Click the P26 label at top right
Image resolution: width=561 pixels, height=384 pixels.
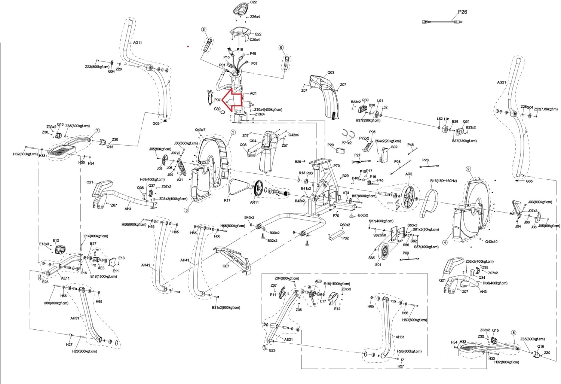462,12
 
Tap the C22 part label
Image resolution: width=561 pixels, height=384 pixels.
253,2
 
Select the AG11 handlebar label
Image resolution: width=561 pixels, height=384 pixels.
137,43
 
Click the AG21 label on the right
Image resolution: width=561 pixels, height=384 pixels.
501,82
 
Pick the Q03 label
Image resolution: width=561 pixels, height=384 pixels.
331,73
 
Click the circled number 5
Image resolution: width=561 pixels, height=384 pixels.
203,30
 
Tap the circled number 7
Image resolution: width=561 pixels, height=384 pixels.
97,131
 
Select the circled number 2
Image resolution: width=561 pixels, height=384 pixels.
468,169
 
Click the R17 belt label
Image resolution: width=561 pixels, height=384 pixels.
227,200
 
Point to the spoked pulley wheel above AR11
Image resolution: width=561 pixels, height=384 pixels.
258,189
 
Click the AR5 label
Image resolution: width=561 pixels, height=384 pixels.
409,174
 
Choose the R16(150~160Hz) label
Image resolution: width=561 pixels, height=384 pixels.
443,181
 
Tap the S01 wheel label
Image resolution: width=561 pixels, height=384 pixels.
378,265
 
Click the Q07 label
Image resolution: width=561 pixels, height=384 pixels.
226,266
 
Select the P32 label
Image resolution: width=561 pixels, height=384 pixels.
345,238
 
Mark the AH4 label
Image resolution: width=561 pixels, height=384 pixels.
128,209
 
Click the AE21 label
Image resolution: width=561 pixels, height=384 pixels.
288,339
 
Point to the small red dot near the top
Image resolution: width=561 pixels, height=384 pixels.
188,47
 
